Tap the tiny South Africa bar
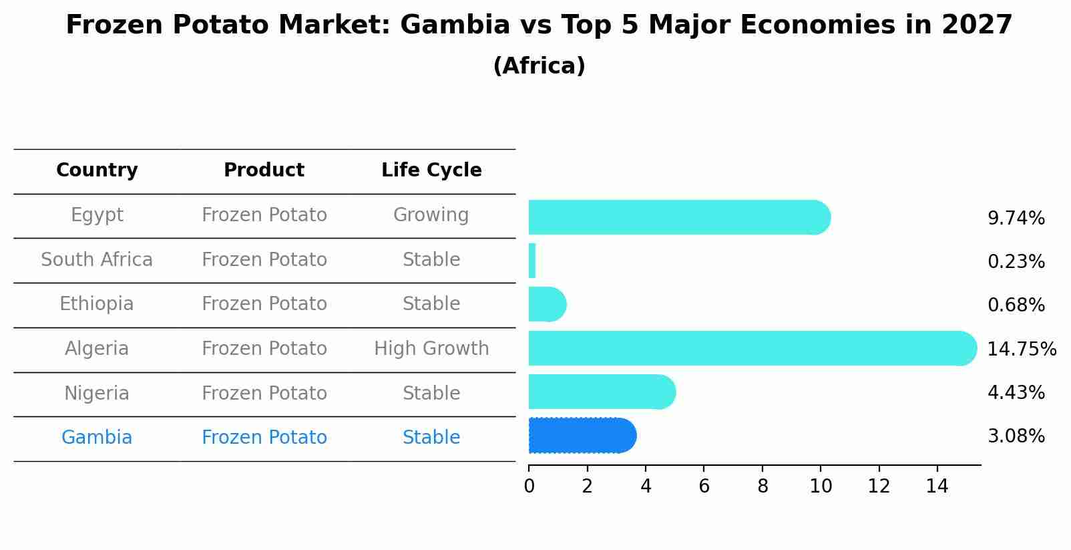coord(532,261)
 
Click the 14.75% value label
coord(1021,350)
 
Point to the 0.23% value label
coord(1016,262)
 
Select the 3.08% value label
coord(1016,436)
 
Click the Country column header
coord(97,170)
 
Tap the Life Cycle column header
coord(431,170)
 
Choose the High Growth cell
coord(431,349)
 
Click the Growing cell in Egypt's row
coord(431,215)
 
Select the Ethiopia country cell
coord(97,304)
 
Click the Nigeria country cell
coord(97,394)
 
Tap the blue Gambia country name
coord(97,438)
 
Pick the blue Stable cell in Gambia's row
coord(431,438)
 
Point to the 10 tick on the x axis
coord(821,487)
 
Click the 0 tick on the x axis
coord(529,487)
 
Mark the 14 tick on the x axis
coord(937,487)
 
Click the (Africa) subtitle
coord(539,66)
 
